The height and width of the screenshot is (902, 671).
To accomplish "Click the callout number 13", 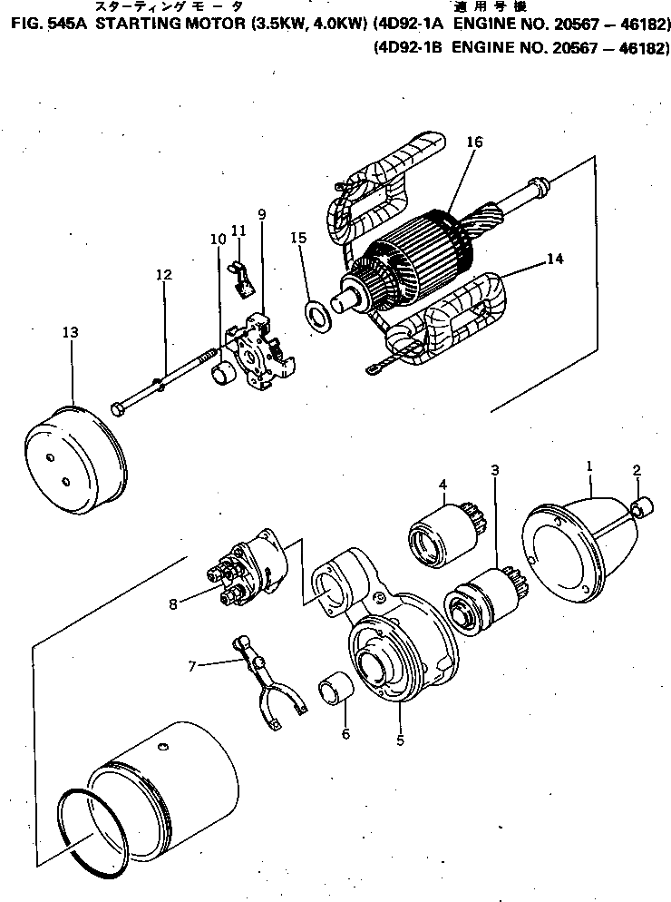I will [70, 332].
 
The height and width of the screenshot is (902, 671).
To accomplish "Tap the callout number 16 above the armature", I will [474, 142].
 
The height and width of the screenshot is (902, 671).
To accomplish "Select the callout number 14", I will [554, 259].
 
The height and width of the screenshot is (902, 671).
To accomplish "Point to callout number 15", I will [298, 238].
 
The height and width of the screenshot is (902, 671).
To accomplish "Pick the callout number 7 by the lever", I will [191, 666].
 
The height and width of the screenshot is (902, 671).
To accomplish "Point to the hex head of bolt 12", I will [119, 410].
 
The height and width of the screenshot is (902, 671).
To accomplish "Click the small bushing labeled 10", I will [222, 372].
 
